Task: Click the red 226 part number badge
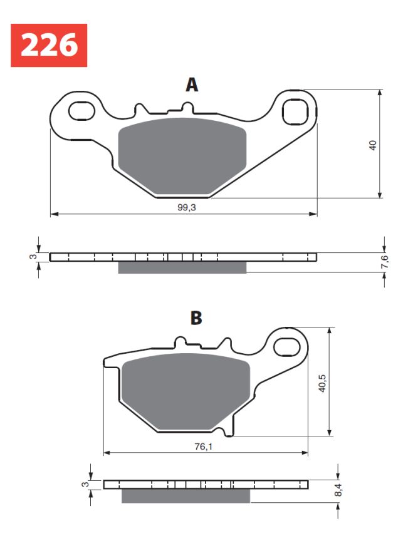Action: point(48,46)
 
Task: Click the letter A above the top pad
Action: point(192,85)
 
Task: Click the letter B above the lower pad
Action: point(196,319)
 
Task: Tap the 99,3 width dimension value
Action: point(184,207)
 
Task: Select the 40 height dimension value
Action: point(373,145)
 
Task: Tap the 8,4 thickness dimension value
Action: point(339,490)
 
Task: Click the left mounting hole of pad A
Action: point(79,111)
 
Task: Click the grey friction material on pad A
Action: point(182,155)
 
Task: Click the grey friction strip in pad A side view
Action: point(182,267)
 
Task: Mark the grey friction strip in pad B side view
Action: point(186,496)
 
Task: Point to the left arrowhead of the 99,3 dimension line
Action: point(53,214)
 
